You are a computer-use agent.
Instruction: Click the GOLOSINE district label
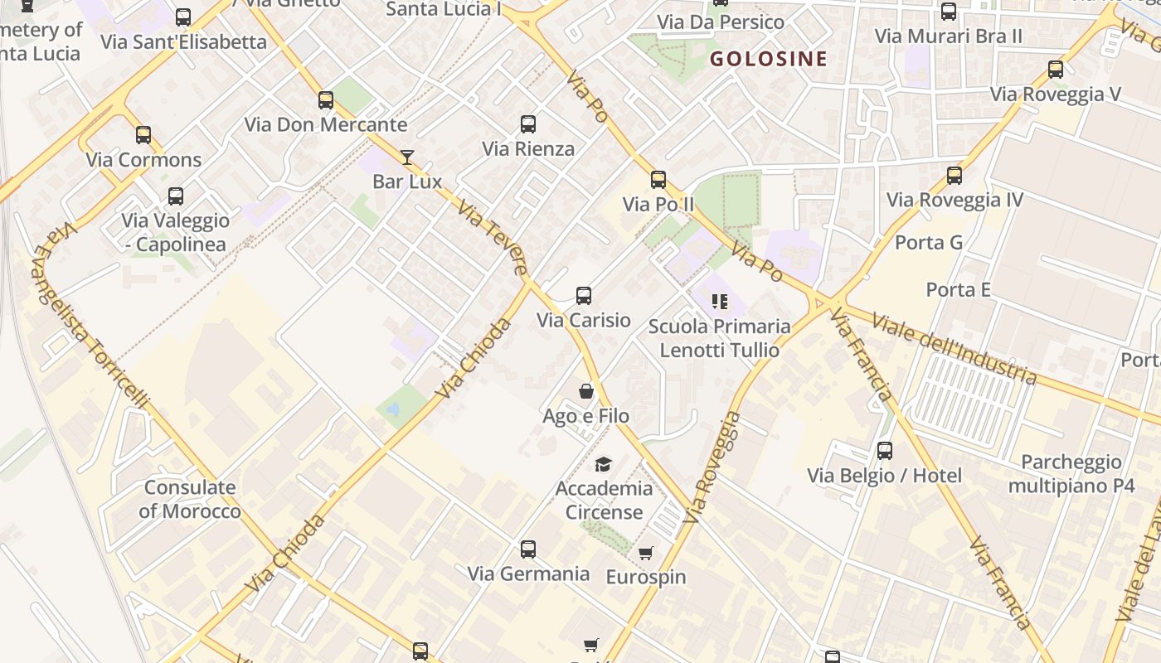pos(769,58)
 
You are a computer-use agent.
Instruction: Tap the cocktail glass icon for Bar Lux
pos(407,157)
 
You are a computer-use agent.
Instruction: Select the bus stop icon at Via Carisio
pos(584,296)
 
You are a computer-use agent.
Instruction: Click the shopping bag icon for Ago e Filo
pos(586,391)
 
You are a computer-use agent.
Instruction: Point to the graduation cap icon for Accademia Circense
pos(604,464)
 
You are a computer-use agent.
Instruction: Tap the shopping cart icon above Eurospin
pos(646,553)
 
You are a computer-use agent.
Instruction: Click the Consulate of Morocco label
pos(190,499)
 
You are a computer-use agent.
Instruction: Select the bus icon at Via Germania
pos(528,549)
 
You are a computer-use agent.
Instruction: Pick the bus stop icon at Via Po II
pos(658,180)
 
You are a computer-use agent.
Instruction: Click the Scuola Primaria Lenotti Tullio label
pos(719,338)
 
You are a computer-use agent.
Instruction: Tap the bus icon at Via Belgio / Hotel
pos(885,451)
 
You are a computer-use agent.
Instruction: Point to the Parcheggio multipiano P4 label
pos(1071,473)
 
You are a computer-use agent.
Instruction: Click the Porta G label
pos(929,243)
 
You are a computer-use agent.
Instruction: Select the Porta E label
pos(958,289)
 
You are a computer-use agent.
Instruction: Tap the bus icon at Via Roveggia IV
pos(955,176)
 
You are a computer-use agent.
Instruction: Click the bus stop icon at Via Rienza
pos(528,124)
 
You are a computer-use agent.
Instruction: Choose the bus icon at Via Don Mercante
pos(326,100)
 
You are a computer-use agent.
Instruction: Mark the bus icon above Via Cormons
pos(143,135)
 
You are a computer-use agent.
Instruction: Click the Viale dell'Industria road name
pos(954,349)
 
